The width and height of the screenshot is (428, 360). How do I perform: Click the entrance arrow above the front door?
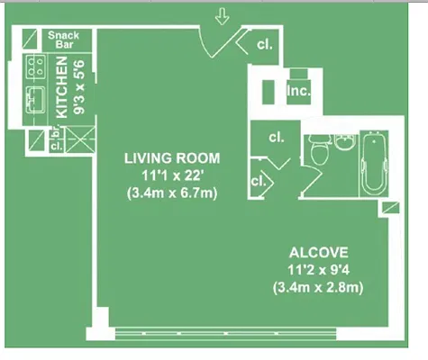coord(222,16)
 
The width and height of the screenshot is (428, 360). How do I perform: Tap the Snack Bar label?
coord(64,40)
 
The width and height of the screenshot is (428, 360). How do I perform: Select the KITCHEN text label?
coord(62,87)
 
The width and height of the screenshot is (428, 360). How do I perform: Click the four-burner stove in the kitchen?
coord(36,67)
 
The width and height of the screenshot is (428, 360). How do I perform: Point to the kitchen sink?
coord(35,100)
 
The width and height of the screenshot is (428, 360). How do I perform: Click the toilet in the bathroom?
coord(320,149)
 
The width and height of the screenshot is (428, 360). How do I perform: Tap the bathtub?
coord(374,163)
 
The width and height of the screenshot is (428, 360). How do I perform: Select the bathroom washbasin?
coord(345,141)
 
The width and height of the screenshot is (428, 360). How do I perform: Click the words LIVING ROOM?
coord(172,158)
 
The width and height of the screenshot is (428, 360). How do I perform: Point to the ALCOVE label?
coord(319,253)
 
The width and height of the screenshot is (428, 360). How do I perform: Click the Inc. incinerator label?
coord(298,90)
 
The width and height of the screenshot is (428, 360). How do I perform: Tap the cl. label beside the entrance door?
coord(265,45)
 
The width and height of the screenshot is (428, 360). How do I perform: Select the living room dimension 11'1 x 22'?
coord(172,175)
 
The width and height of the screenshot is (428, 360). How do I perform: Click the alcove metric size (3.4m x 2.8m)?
coord(318,288)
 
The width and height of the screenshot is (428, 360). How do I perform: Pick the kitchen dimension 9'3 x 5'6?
coord(80,87)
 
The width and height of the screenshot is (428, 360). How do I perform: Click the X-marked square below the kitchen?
coord(80,139)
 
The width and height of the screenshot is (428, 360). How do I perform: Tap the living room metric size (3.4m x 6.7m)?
coord(172,193)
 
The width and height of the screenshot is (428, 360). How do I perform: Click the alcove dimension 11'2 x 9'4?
coord(319,270)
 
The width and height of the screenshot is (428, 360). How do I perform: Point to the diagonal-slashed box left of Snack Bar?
coord(30,39)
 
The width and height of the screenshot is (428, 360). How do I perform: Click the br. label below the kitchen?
coord(57,133)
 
